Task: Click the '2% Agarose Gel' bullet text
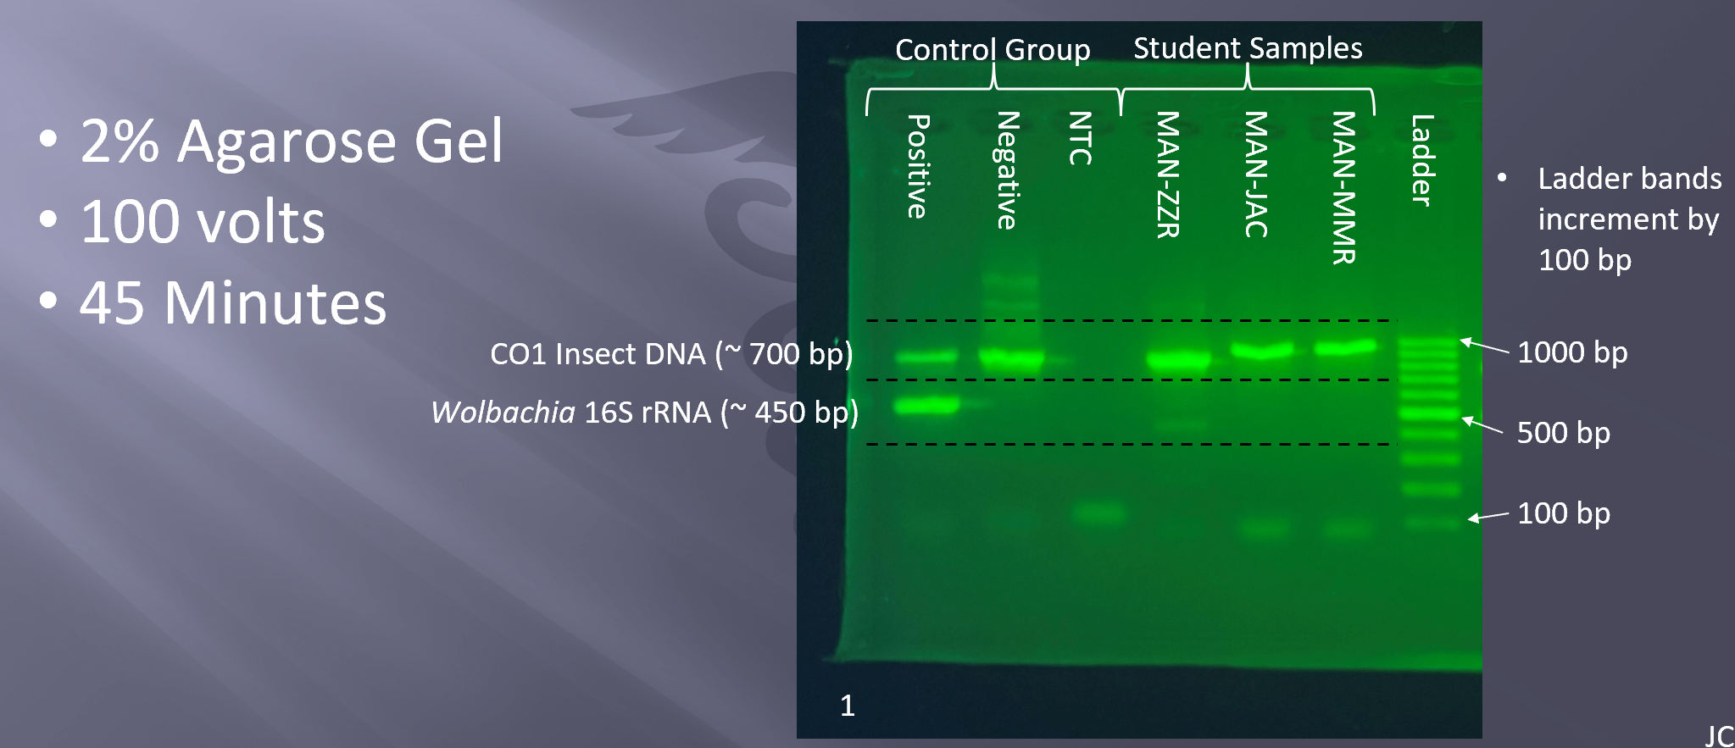(x=291, y=141)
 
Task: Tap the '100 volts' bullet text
(x=203, y=222)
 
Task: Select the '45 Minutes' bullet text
(x=233, y=302)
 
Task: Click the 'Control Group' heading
(x=993, y=50)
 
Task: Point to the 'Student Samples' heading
(x=1248, y=48)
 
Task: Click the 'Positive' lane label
(x=918, y=166)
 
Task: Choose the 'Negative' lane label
(x=1007, y=170)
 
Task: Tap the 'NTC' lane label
(x=1080, y=138)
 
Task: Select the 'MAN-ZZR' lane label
(x=1168, y=175)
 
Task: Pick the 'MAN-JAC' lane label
(x=1255, y=175)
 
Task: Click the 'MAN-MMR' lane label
(x=1343, y=188)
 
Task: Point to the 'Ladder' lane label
(x=1422, y=160)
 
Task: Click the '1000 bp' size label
(x=1572, y=352)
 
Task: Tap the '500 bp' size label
(x=1564, y=432)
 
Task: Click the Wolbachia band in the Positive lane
(x=926, y=406)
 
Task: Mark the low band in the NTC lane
(x=1099, y=512)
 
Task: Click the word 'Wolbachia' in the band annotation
(x=503, y=412)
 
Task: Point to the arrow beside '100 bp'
(x=1488, y=516)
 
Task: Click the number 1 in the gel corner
(x=847, y=705)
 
